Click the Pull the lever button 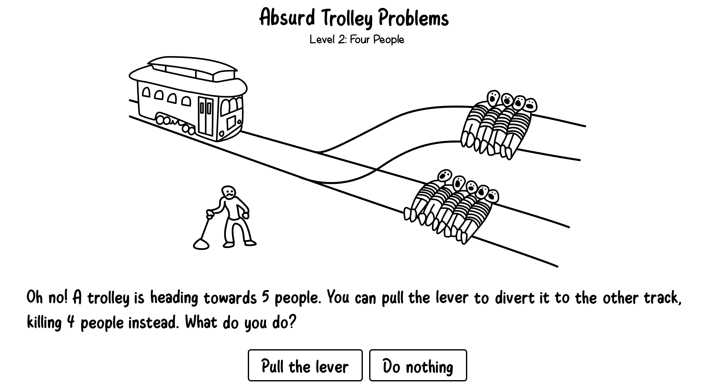(305, 366)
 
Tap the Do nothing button (418, 366)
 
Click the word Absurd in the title (287, 18)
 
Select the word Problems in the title (413, 18)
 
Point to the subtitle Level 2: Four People (357, 40)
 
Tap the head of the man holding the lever (228, 192)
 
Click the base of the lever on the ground (201, 244)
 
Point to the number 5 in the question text (265, 297)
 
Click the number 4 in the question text (71, 322)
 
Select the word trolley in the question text (108, 298)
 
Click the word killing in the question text (44, 323)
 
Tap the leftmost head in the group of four (493, 97)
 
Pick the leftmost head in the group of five (445, 176)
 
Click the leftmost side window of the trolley (146, 92)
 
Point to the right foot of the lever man (250, 243)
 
